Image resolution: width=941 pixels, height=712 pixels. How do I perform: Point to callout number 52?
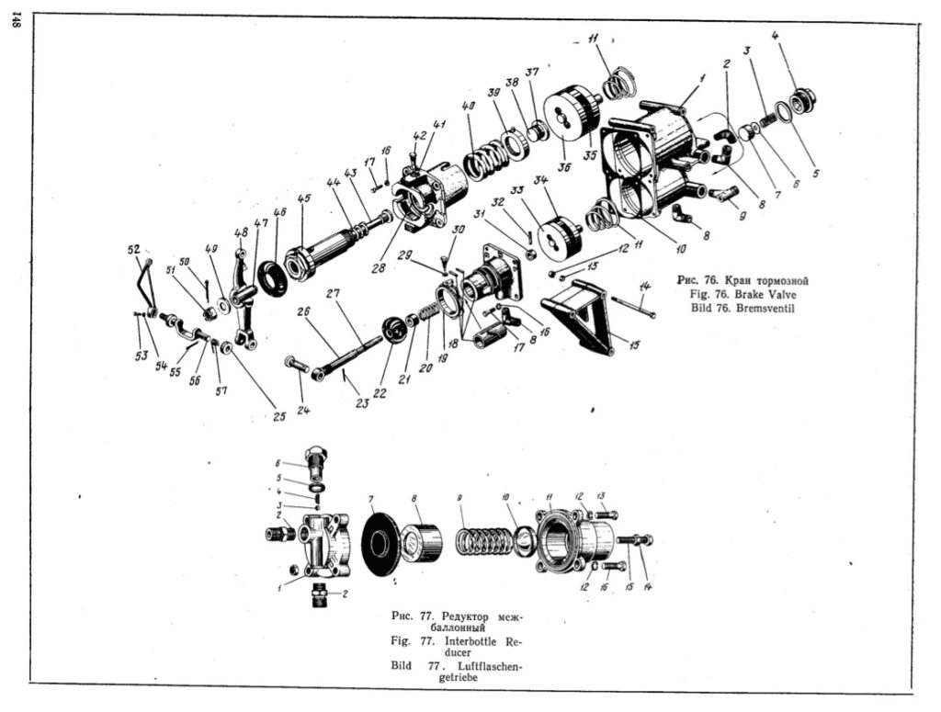pos(133,249)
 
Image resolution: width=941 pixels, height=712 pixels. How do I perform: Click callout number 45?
pos(304,198)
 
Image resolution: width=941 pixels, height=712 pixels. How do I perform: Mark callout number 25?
pos(278,415)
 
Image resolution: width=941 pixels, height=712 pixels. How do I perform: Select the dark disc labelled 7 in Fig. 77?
pos(380,545)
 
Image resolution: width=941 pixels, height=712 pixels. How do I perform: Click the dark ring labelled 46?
pos(272,277)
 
